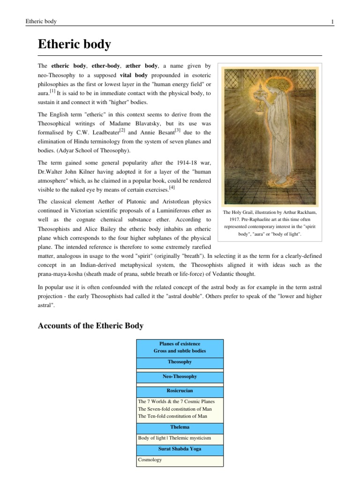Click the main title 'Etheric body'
click(x=74, y=45)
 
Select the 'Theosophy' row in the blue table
click(x=180, y=362)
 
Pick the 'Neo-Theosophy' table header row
click(x=180, y=376)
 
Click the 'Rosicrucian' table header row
click(x=180, y=390)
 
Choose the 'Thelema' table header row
click(x=180, y=427)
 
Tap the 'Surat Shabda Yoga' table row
click(x=180, y=449)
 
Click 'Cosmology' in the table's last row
click(x=150, y=460)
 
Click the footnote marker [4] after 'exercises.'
click(x=172, y=187)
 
